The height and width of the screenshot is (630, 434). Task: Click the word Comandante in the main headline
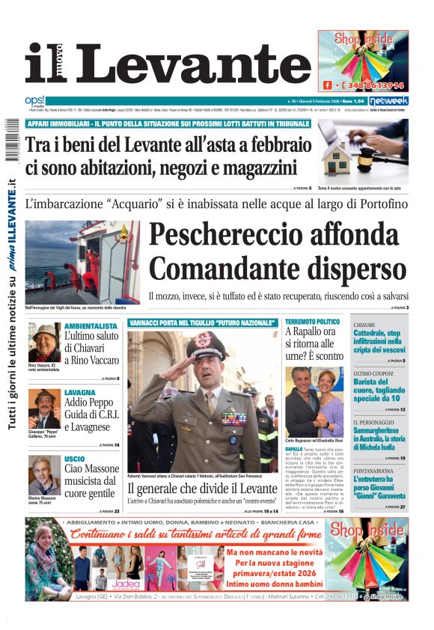(278, 268)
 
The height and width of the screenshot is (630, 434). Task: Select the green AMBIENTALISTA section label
(91, 326)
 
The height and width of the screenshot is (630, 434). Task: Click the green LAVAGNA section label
(79, 392)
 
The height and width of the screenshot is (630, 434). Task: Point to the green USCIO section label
(75, 458)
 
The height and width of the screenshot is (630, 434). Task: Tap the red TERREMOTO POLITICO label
(312, 322)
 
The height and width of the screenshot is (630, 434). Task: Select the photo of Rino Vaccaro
(45, 343)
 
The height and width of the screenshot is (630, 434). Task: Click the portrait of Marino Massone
(44, 475)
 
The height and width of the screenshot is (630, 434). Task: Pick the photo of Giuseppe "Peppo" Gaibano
(44, 409)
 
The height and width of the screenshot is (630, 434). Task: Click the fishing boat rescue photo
(82, 262)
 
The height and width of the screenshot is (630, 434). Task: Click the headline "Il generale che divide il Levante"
(201, 487)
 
